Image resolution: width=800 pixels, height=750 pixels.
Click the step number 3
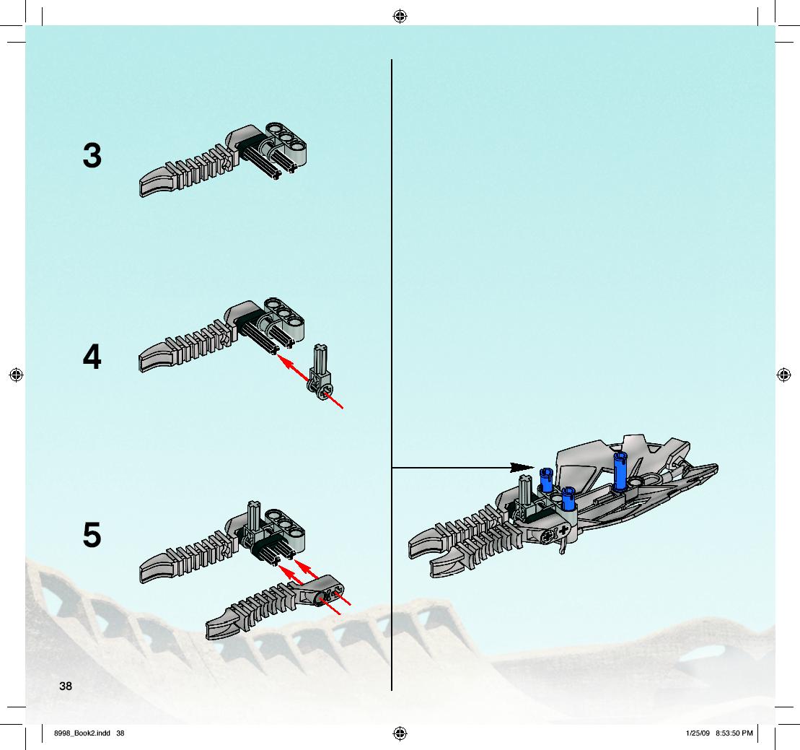[x=92, y=156]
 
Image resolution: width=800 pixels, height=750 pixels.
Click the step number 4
[x=92, y=357]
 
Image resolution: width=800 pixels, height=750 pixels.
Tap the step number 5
[x=92, y=535]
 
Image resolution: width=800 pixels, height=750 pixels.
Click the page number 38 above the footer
[x=66, y=686]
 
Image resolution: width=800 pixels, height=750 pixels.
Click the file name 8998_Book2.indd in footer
[x=82, y=733]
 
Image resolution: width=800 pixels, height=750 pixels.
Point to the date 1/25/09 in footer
[x=698, y=733]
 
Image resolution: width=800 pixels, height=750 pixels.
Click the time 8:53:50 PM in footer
[x=734, y=733]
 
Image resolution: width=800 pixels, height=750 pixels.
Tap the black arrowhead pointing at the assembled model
[x=522, y=467]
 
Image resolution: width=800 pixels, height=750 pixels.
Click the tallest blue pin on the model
[x=620, y=471]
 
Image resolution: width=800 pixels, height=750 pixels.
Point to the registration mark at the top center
[x=400, y=17]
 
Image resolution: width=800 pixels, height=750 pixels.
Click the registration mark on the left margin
[x=17, y=375]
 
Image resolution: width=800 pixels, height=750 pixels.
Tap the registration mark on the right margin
[x=783, y=375]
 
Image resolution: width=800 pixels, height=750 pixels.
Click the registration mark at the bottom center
[x=400, y=733]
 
